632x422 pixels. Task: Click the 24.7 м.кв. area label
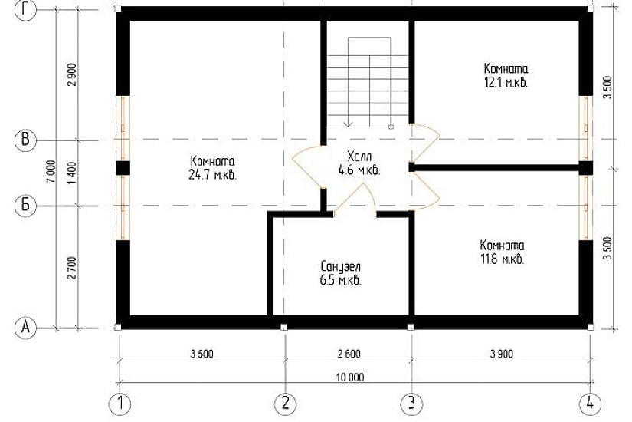click(x=212, y=175)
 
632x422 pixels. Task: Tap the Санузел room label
click(x=341, y=266)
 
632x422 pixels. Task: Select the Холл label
click(x=359, y=157)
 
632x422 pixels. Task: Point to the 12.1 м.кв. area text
click(x=506, y=82)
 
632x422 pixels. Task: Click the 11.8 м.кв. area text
click(x=503, y=259)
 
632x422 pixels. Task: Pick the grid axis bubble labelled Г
click(x=25, y=10)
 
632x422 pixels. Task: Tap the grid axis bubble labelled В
click(x=25, y=140)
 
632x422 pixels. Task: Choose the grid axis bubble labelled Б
click(x=25, y=206)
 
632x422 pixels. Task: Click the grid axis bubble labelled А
click(x=25, y=328)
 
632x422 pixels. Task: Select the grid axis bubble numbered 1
click(x=120, y=404)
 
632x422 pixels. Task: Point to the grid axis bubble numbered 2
click(x=286, y=404)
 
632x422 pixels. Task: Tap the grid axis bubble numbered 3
click(x=411, y=404)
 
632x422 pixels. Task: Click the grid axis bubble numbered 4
click(x=590, y=404)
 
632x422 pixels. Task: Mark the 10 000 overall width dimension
click(x=350, y=377)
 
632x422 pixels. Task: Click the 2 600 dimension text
click(x=349, y=354)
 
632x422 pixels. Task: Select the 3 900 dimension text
click(x=502, y=354)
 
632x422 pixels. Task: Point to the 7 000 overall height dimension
click(x=51, y=171)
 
